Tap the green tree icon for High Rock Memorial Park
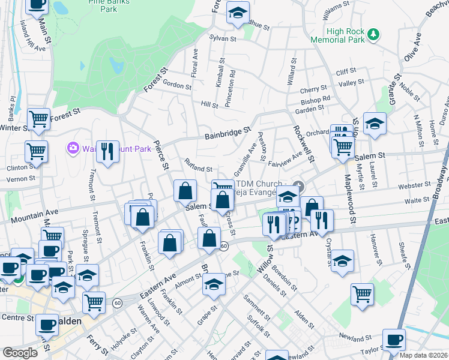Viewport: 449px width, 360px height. (373, 34)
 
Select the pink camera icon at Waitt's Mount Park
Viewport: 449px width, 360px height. (73, 148)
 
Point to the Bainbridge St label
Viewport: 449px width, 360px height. (227, 134)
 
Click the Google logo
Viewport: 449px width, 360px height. (20, 353)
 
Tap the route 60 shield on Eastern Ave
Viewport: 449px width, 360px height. (224, 246)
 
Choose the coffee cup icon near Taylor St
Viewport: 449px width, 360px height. (394, 339)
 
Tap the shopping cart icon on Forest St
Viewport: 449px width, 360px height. (38, 118)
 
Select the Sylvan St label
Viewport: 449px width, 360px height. (221, 37)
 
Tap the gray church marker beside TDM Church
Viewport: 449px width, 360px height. (298, 185)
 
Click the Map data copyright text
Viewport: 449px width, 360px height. (423, 355)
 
